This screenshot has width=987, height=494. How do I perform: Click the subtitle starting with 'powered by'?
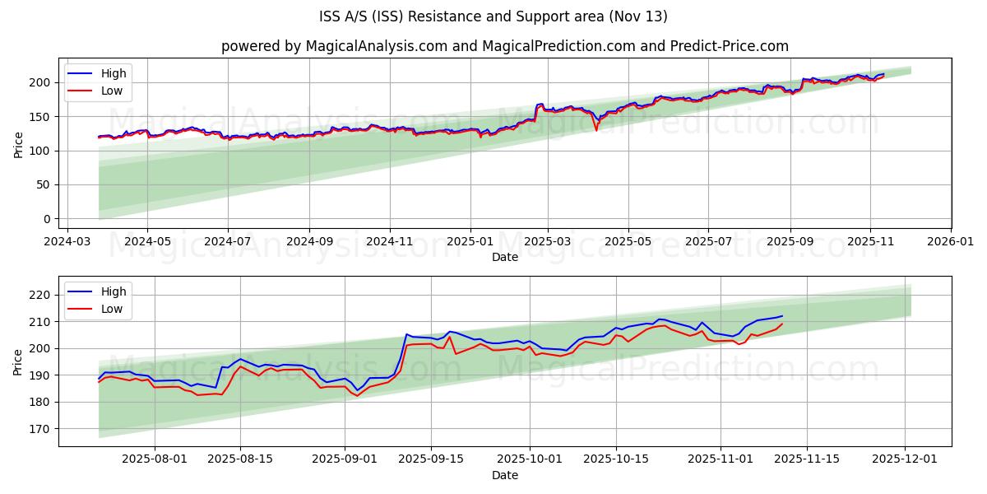[504, 46]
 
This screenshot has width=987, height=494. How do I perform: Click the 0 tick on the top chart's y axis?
[48, 219]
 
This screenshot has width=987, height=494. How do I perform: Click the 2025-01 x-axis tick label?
[470, 242]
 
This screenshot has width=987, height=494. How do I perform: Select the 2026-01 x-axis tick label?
[950, 242]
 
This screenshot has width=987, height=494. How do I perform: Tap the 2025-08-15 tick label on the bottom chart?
[240, 460]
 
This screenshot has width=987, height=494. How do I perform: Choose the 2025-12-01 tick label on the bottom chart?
[906, 460]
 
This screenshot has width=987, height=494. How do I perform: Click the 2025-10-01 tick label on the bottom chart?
[529, 460]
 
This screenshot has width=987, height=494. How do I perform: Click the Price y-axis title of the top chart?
[19, 144]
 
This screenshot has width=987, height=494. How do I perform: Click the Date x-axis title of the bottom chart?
[504, 475]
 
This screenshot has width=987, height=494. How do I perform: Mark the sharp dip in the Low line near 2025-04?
[596, 130]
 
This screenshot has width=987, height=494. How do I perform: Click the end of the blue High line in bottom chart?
[782, 315]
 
